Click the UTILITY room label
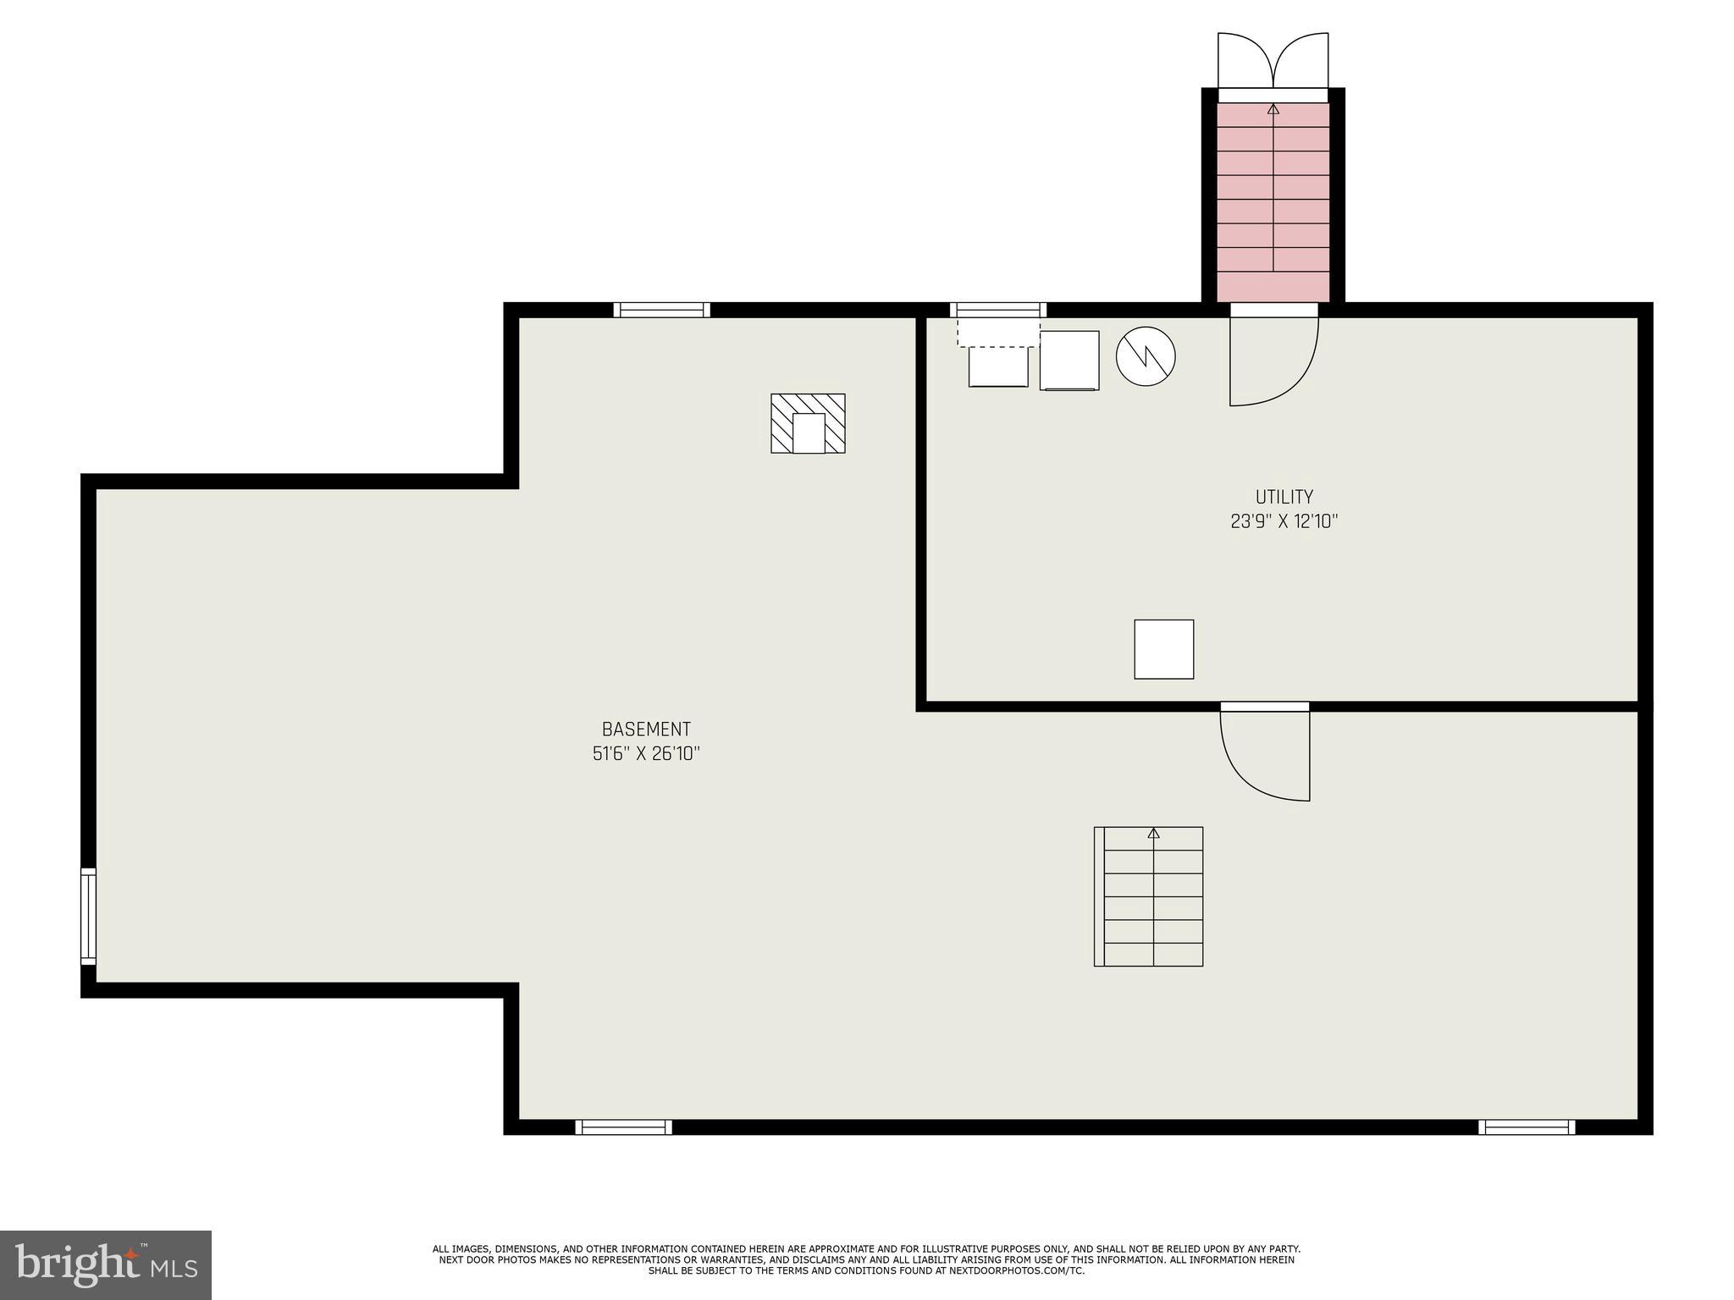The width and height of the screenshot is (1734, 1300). click(1284, 497)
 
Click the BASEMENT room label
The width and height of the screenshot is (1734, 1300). click(646, 729)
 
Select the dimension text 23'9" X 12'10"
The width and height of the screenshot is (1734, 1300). click(1284, 521)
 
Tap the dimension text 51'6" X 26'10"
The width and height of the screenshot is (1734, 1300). click(646, 753)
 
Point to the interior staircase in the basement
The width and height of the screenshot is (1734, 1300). click(1149, 896)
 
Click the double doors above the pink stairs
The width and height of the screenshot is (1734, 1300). click(1273, 61)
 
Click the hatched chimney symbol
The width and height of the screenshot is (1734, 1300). click(808, 423)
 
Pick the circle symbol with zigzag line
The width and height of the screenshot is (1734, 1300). click(1145, 356)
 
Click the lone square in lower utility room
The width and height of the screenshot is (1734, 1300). click(1163, 649)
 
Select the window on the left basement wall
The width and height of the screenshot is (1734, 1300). click(88, 916)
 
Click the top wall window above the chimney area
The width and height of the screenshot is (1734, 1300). click(661, 310)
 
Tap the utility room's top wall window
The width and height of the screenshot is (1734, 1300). click(997, 310)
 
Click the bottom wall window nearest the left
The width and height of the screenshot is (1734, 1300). click(623, 1126)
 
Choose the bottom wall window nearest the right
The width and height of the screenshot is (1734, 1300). click(1527, 1126)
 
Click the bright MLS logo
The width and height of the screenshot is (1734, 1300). click(105, 1264)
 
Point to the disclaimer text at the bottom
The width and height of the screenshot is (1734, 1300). click(866, 1259)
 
